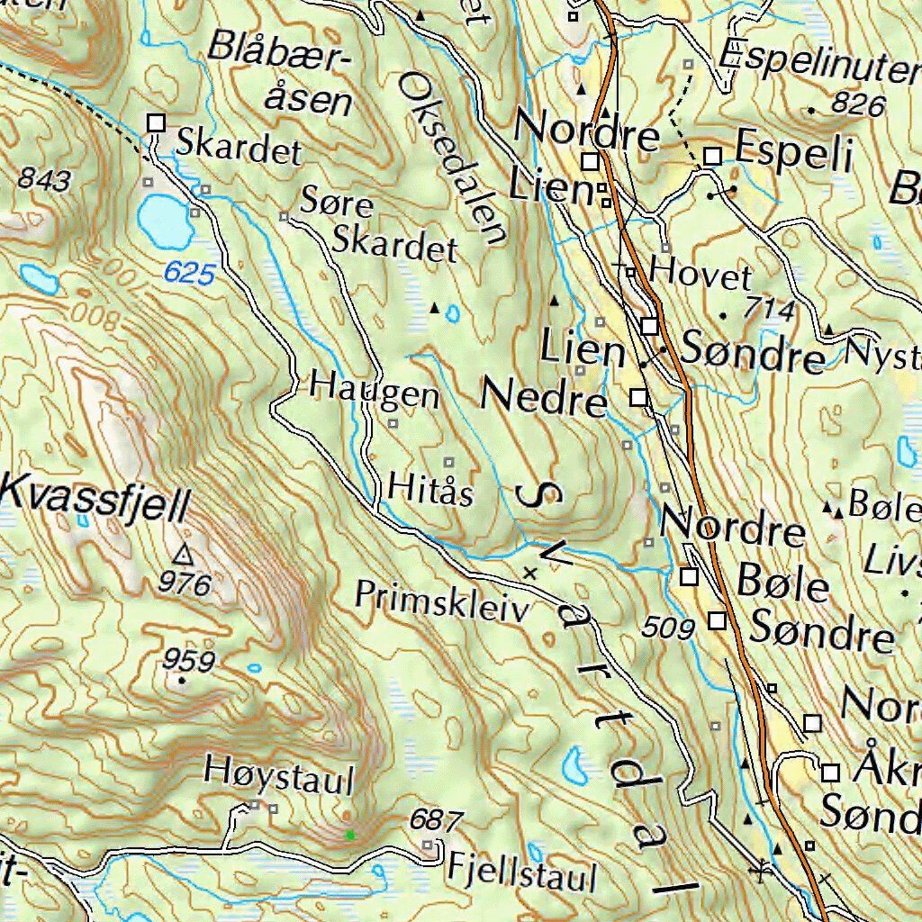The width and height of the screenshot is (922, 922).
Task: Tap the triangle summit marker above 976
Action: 185,554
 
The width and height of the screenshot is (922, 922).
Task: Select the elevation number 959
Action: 188,661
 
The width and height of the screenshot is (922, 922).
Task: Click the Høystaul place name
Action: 278,775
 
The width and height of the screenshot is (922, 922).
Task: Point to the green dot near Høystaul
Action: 350,836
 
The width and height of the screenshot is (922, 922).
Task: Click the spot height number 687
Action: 436,820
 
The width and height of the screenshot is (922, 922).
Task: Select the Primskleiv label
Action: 441,601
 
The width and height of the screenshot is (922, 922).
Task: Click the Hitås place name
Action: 431,492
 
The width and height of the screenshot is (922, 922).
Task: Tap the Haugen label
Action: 375,393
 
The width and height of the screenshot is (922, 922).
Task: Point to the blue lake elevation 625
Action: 190,274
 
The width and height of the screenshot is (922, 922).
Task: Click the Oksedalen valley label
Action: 453,159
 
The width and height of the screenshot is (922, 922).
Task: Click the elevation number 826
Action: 857,105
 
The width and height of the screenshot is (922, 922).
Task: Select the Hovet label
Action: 701,276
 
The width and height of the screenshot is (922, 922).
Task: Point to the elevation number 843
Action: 43,181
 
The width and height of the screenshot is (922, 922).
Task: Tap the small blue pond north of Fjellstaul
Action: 574,766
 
